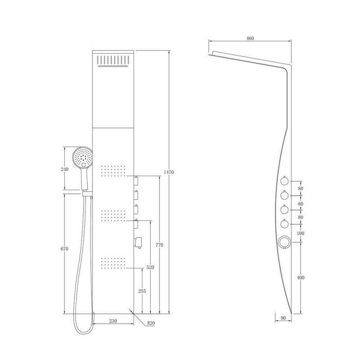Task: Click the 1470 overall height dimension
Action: (169, 172)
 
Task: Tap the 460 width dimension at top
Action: (250, 38)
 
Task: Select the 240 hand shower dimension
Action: (64, 170)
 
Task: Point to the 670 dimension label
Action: (64, 249)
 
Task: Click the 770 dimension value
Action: (159, 245)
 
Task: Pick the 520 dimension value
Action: (150, 267)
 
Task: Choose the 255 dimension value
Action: (142, 291)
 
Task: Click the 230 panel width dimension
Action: (113, 321)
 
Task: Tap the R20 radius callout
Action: (151, 323)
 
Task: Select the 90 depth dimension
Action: (283, 318)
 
